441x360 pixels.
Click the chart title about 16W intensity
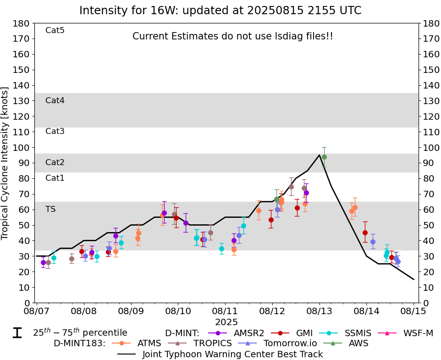(x=220, y=11)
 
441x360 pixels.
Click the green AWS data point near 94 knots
(x=324, y=157)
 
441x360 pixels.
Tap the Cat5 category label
(x=55, y=31)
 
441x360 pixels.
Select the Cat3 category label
(x=55, y=132)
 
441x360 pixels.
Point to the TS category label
(x=50, y=209)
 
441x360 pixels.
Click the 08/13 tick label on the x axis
(x=320, y=312)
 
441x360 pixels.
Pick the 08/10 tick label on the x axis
(x=178, y=312)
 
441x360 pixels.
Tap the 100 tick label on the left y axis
(x=23, y=148)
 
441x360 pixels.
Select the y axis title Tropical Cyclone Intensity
(x=6, y=163)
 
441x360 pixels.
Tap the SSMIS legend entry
(x=355, y=333)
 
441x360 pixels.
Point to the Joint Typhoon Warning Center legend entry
(x=232, y=354)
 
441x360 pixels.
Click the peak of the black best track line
(x=319, y=155)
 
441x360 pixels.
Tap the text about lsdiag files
(x=232, y=36)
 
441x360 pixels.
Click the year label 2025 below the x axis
(x=226, y=322)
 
